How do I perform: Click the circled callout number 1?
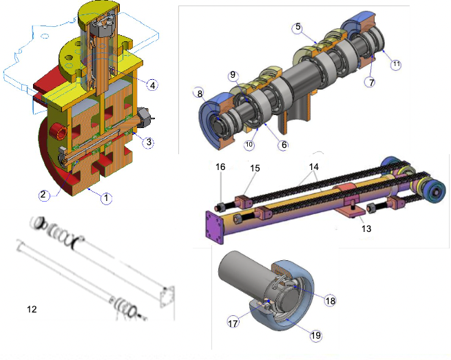point(106,198)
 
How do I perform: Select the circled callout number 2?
point(43,195)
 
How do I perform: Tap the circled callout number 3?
point(149,142)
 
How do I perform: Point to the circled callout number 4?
point(152,85)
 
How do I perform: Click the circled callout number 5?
point(298,28)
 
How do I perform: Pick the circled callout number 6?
point(284,145)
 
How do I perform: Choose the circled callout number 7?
point(371,82)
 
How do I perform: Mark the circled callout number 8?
point(199,93)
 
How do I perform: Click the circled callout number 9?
point(233,75)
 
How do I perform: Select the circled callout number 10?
point(249,144)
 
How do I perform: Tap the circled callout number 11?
point(397,64)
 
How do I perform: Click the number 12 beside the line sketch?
point(32,309)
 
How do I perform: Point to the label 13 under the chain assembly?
point(366,229)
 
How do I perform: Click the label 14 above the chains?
point(314,167)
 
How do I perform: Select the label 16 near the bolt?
point(220,167)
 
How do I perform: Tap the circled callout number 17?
point(233,324)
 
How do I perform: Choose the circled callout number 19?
point(315,335)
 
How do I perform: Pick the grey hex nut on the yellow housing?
point(144,117)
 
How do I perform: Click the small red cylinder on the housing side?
point(59,131)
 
